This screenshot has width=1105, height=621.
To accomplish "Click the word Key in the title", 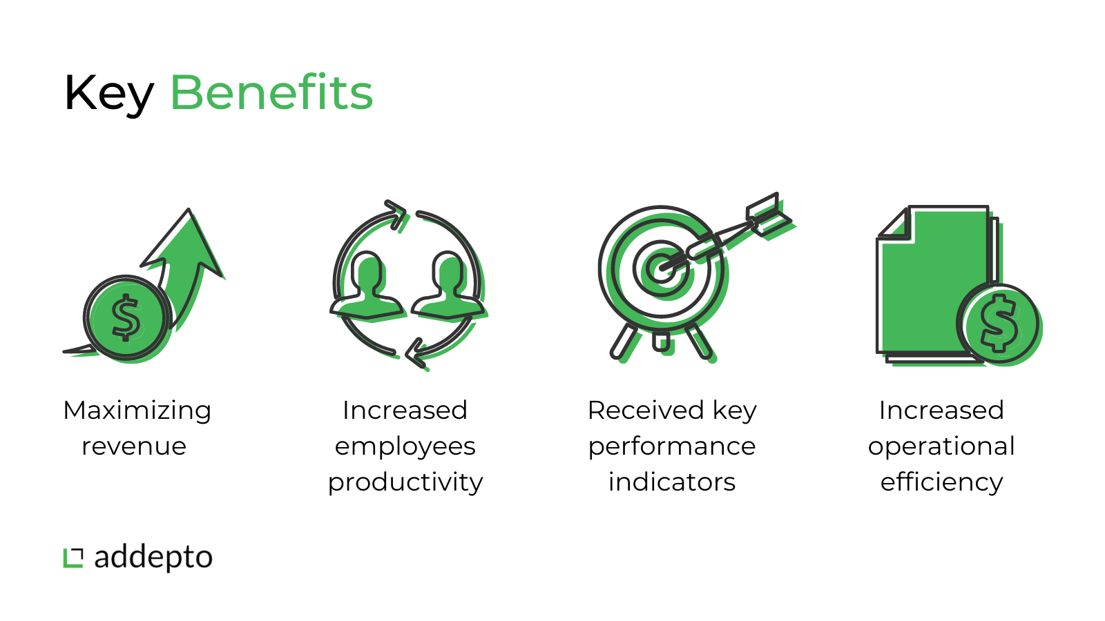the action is click(x=108, y=95).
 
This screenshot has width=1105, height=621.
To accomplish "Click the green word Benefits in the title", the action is click(x=272, y=92).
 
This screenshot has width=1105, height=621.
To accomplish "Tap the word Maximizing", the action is click(x=137, y=411).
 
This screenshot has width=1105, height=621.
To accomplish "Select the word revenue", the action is click(x=134, y=446).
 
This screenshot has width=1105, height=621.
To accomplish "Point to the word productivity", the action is click(x=405, y=482).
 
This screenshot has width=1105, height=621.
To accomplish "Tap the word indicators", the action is click(x=672, y=482).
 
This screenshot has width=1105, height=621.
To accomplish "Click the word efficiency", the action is click(x=941, y=482).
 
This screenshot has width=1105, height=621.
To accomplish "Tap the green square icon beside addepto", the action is click(x=73, y=558).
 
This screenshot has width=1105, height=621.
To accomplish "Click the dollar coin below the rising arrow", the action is click(x=127, y=318).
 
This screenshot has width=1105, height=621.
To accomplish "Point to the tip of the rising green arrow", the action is click(x=189, y=209).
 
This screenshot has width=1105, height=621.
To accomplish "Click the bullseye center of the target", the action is click(x=660, y=269).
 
